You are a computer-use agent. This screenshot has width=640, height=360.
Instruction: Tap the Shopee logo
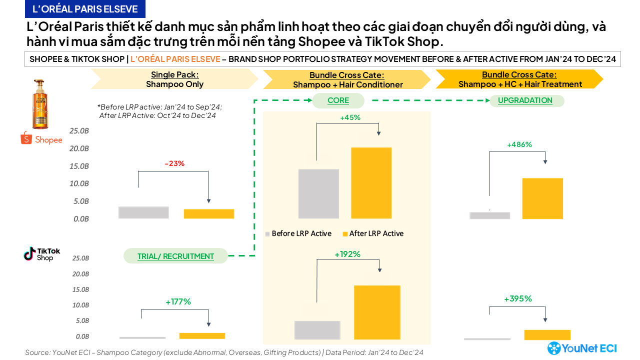[x=41, y=138]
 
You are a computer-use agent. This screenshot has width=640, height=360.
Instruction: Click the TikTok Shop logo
[x=42, y=254]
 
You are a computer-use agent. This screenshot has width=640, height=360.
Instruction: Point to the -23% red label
[x=174, y=163]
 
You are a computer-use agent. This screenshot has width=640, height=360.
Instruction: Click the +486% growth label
[x=519, y=144]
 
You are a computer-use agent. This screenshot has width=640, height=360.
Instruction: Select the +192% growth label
[x=347, y=254]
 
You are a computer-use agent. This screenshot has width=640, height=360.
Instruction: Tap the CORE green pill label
[x=338, y=100]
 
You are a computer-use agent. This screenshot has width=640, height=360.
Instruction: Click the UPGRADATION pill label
[x=524, y=100]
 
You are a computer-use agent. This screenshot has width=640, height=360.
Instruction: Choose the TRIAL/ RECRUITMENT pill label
[x=175, y=256]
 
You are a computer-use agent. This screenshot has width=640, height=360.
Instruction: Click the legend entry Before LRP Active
[x=298, y=233]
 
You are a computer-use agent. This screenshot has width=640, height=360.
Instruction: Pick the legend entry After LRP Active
[x=372, y=233]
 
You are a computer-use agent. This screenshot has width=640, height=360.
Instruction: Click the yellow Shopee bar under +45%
[x=371, y=183]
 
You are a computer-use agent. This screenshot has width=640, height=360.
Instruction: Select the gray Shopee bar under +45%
[x=318, y=193]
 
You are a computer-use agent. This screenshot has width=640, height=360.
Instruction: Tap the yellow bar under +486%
[x=542, y=198]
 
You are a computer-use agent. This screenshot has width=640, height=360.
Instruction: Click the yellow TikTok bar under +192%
[x=377, y=312]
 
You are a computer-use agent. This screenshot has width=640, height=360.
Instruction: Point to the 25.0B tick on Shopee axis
[x=80, y=131]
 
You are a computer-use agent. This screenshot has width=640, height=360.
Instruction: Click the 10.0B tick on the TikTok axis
[x=80, y=305]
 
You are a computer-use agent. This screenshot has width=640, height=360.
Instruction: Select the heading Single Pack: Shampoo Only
[x=174, y=79]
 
